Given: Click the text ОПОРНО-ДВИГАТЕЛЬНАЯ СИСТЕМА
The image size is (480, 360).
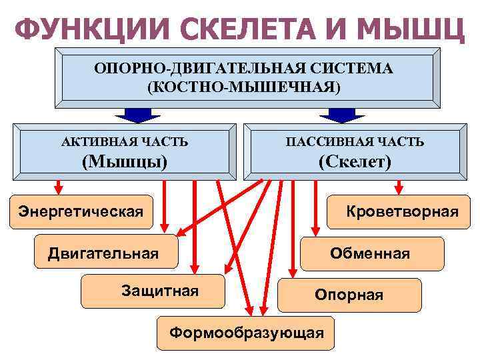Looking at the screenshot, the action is click(243, 69).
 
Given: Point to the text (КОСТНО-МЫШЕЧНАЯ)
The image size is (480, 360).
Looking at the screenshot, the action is click(243, 87).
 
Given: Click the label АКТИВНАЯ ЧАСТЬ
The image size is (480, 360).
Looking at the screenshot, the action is click(125, 142).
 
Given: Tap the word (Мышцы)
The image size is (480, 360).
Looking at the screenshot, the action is click(124, 161).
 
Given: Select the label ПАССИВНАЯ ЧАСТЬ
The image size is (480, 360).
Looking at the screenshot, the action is click(355, 142).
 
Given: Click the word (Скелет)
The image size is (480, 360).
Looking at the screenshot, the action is click(355, 161).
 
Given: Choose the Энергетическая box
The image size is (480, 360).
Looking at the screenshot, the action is click(81, 212).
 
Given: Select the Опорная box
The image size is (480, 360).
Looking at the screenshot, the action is click(349, 295).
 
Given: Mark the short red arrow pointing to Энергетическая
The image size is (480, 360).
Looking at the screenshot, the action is click(59, 185).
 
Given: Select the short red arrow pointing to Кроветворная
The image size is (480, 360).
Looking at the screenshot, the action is click(399, 185).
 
